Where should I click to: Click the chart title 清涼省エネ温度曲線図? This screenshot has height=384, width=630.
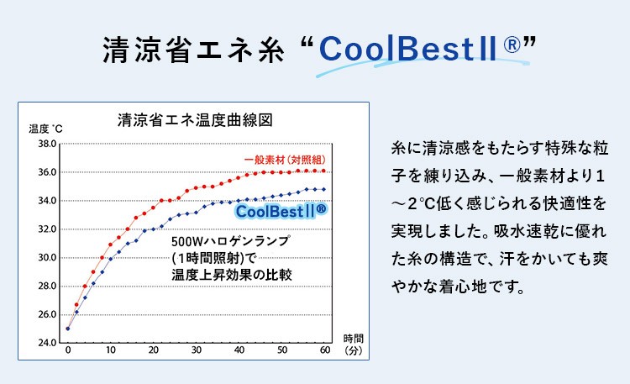point(195,118)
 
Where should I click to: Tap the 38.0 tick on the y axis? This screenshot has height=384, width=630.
point(47,145)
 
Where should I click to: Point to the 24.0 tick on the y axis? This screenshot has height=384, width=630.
point(47,343)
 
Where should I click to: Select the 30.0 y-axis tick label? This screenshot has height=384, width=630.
point(47,258)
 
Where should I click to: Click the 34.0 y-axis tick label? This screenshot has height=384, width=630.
point(47,201)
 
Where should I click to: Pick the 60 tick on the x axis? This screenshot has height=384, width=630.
point(324,350)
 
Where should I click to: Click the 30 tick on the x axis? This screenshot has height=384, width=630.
point(196,350)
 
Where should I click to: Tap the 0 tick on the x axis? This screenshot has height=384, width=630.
point(67,350)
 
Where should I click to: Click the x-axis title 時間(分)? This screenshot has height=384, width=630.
point(353,345)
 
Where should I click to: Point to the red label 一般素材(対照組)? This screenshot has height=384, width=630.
point(286,160)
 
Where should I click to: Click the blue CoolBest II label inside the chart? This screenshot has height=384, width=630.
point(281,210)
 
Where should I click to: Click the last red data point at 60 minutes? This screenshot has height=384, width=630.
point(324,171)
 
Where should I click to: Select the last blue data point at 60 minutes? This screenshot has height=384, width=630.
point(324,189)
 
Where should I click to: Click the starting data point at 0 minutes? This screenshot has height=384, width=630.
point(67,329)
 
